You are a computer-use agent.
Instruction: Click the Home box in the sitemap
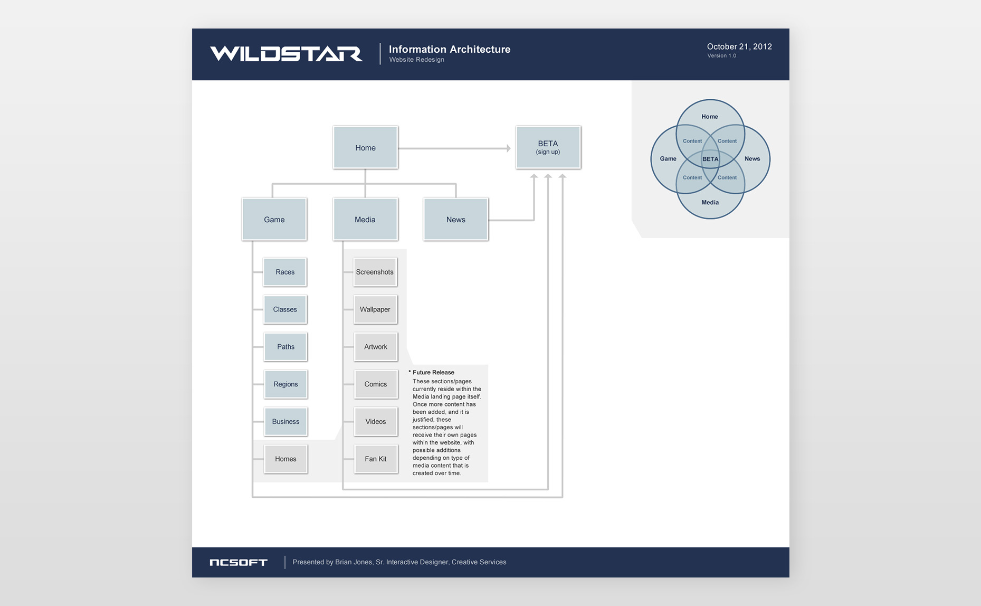(365, 147)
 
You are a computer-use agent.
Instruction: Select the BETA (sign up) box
(548, 147)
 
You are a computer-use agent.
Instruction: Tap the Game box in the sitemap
(274, 219)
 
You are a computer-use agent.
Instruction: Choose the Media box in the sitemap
(365, 219)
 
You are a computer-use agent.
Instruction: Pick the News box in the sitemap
(455, 219)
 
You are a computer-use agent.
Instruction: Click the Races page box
(285, 272)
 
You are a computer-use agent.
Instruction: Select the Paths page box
(285, 347)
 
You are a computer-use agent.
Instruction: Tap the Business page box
(285, 421)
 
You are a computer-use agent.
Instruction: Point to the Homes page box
(285, 459)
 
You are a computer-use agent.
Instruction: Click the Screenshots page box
(375, 272)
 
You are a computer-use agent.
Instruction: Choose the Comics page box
(375, 384)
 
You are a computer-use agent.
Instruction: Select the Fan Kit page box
(375, 459)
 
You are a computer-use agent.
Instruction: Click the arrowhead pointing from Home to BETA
(508, 148)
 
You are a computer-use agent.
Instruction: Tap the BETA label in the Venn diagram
(710, 159)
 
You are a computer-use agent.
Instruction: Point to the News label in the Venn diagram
(752, 158)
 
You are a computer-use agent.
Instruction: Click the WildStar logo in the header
(286, 54)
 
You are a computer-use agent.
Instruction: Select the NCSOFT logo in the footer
(239, 562)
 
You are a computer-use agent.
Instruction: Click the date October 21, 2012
(739, 46)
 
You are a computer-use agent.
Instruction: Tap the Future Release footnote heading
(433, 372)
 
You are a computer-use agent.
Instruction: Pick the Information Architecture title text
(450, 49)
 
